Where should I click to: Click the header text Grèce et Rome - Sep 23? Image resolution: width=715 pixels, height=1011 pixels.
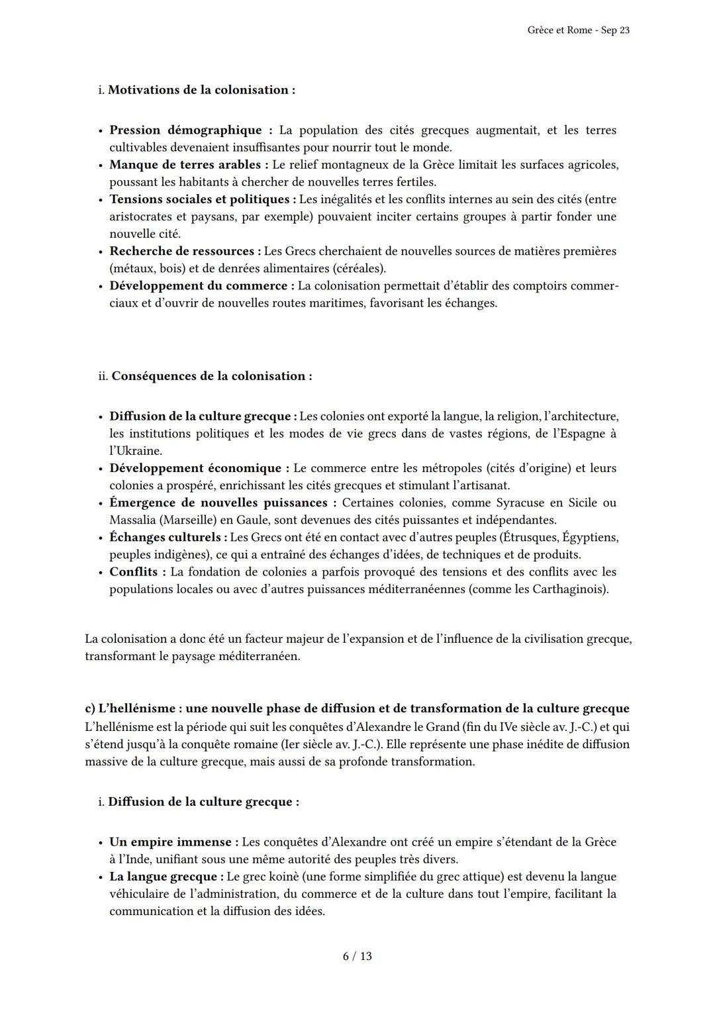tap(578, 30)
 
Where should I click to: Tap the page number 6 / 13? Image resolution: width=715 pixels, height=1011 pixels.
tap(357, 956)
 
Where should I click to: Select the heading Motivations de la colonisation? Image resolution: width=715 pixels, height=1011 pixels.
tap(201, 90)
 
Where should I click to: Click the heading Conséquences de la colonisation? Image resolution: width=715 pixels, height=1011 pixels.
tap(211, 376)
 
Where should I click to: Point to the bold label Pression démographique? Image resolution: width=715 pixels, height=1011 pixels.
tap(185, 130)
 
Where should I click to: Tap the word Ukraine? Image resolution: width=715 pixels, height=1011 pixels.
tap(137, 451)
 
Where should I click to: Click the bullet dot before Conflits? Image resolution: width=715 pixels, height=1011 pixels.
tap(100, 572)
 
